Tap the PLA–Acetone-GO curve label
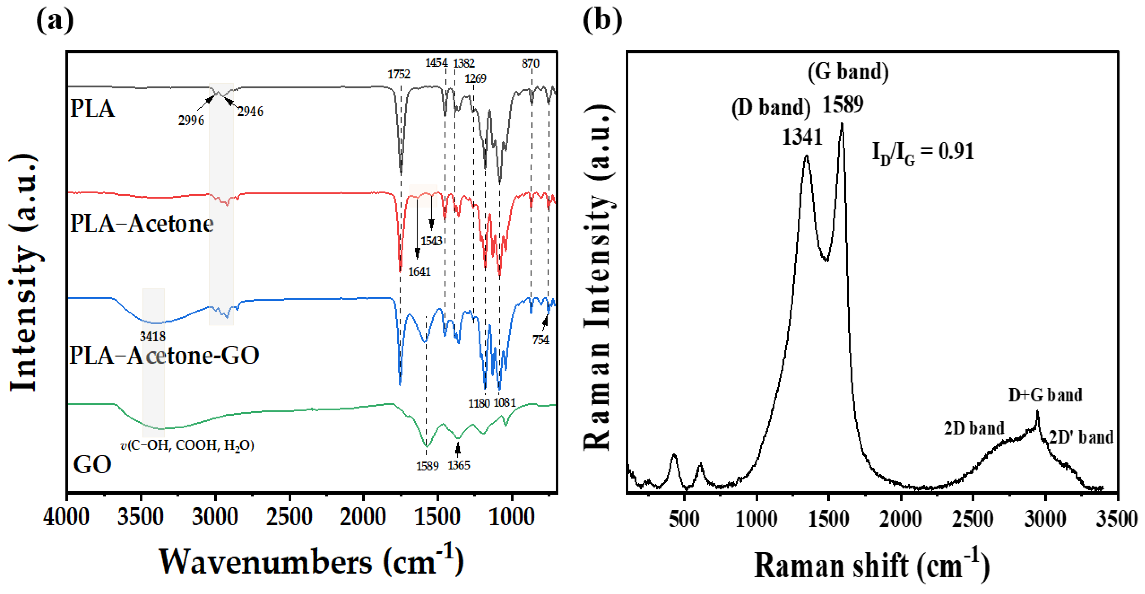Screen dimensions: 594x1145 [164, 355]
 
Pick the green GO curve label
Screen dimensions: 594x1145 [92, 465]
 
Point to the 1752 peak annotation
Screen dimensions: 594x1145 [399, 74]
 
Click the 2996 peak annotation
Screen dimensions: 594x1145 [191, 120]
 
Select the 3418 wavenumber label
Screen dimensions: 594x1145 [152, 337]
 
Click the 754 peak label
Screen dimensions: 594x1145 [540, 340]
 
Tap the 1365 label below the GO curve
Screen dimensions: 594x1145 [459, 466]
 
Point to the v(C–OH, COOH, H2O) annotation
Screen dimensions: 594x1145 [187, 445]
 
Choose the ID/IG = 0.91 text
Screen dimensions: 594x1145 [923, 152]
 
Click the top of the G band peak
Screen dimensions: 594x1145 [842, 125]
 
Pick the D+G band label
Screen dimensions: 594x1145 [1045, 395]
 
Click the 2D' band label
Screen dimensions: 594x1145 [1081, 437]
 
